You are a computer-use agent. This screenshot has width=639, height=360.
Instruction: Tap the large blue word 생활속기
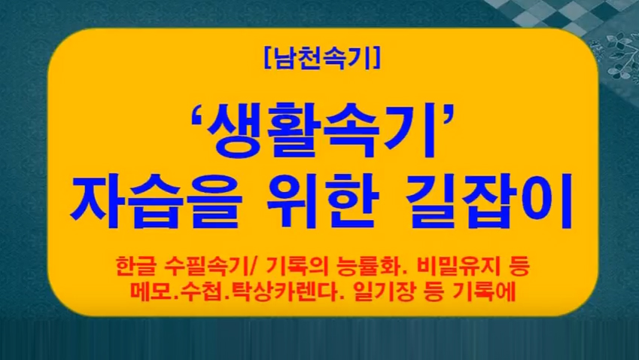click(x=320, y=130)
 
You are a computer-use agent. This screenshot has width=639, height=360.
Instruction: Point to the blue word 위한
click(x=323, y=201)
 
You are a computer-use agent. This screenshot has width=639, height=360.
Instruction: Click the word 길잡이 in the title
click(x=489, y=201)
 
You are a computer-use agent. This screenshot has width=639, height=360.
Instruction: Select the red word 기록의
click(x=297, y=266)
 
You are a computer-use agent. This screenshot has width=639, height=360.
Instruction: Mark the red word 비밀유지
click(x=456, y=266)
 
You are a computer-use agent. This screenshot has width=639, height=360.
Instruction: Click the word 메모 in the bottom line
click(x=151, y=291)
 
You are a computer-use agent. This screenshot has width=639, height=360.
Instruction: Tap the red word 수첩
click(x=199, y=291)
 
